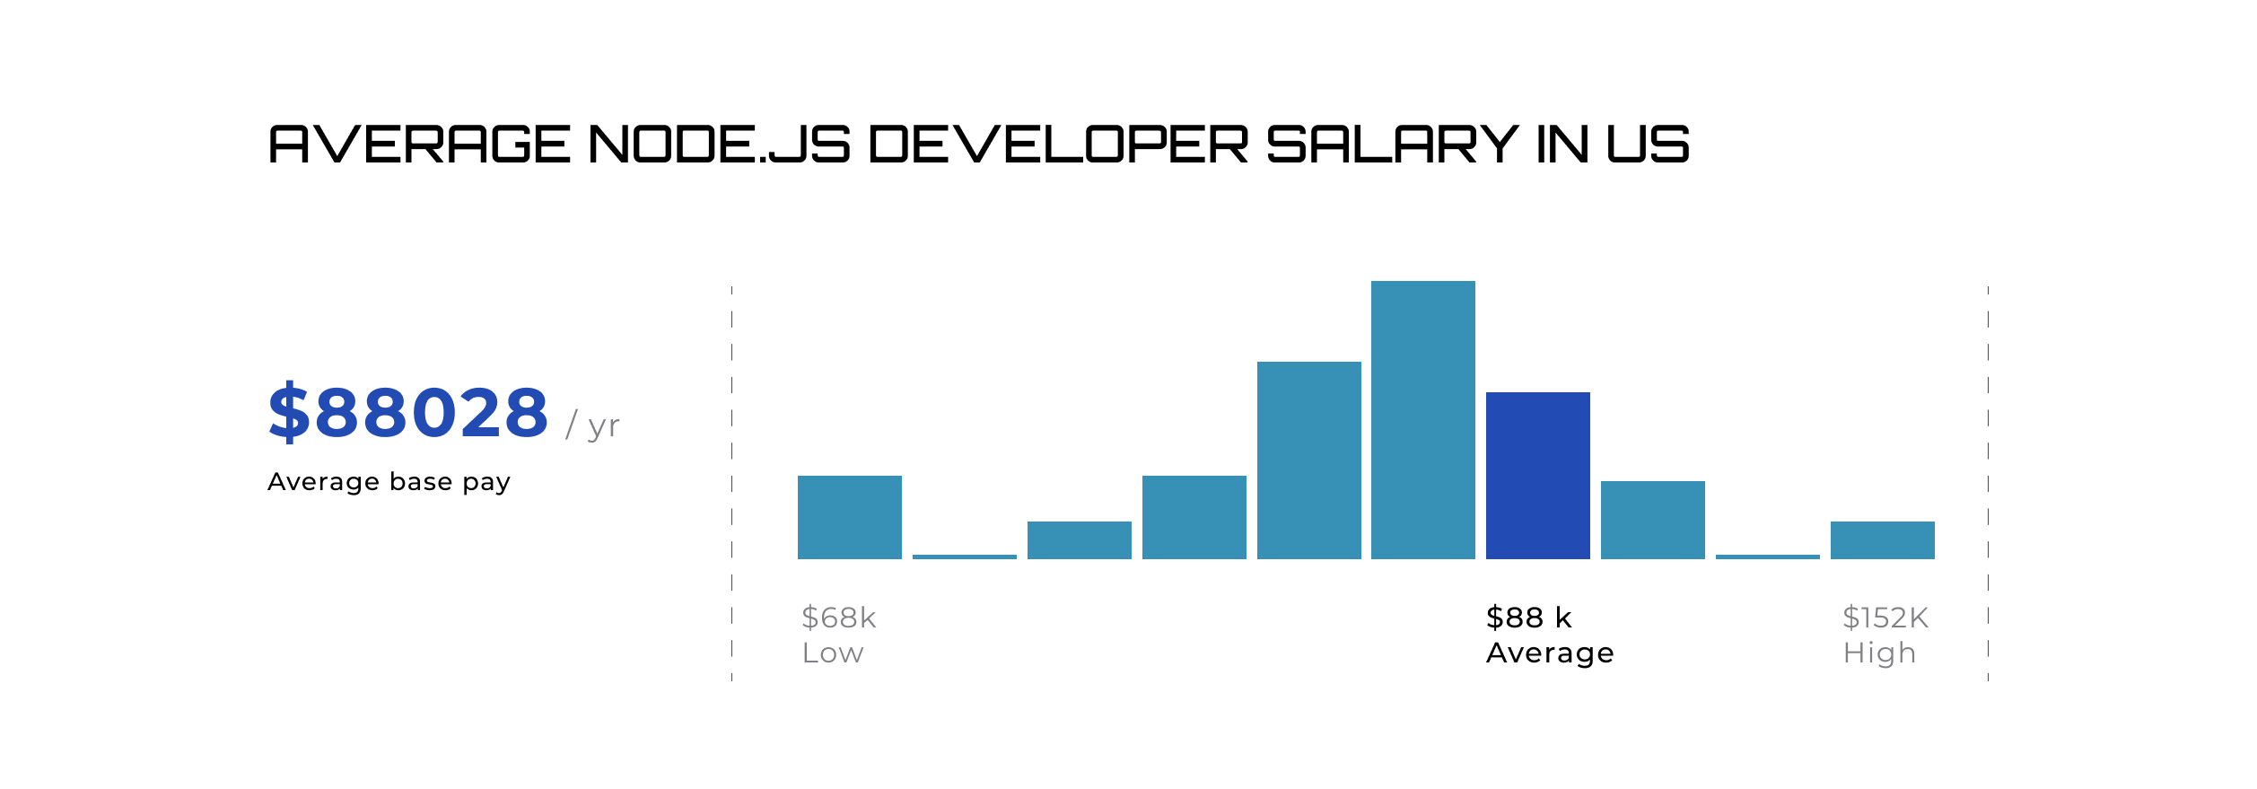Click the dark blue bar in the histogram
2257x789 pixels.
click(1537, 476)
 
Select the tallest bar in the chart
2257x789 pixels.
click(1422, 420)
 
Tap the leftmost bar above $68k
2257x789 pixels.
click(849, 517)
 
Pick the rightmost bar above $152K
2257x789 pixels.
click(1882, 540)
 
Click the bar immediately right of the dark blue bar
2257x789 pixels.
click(1652, 520)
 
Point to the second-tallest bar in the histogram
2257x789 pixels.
click(1308, 460)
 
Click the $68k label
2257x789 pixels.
click(838, 618)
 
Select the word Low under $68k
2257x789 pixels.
click(833, 653)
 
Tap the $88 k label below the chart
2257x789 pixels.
click(1528, 618)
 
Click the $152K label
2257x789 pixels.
click(1885, 618)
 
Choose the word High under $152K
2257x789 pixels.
click(1879, 653)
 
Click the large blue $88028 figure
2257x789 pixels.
click(408, 413)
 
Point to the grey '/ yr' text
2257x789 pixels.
click(592, 425)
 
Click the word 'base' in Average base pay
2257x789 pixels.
click(421, 482)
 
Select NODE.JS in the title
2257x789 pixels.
click(719, 145)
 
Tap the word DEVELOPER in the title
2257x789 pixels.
click(1058, 145)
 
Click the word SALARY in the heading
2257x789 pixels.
click(1392, 145)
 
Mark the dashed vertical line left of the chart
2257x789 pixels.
click(731, 485)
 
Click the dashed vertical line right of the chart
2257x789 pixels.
click(1988, 485)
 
